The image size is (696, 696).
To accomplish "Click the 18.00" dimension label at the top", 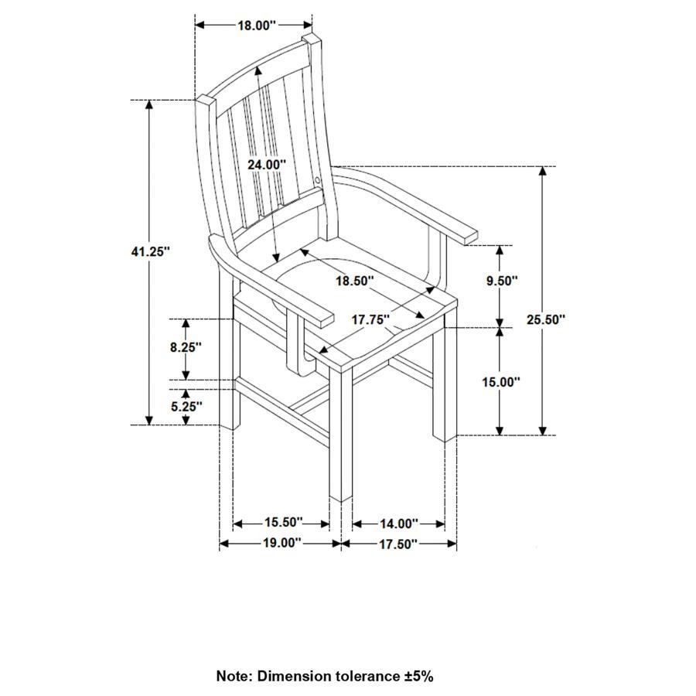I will click(x=256, y=26).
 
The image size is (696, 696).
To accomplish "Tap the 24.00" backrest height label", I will click(x=267, y=165).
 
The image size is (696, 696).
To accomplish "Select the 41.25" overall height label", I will click(x=150, y=251).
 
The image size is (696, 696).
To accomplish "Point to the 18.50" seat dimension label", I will click(x=354, y=281).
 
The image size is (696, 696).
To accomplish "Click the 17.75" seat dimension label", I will click(x=371, y=319).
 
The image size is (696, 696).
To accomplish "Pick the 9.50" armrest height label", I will click(x=501, y=281).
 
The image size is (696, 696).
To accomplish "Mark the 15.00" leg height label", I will click(x=501, y=381).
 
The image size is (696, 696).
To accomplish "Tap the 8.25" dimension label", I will click(x=186, y=347).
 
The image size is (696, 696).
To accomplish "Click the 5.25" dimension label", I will click(x=186, y=405).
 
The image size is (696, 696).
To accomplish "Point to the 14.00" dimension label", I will click(x=398, y=524).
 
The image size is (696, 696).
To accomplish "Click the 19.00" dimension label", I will click(x=280, y=543).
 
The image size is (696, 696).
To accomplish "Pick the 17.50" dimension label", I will click(x=397, y=544).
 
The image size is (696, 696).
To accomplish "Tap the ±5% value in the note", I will click(x=418, y=676).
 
